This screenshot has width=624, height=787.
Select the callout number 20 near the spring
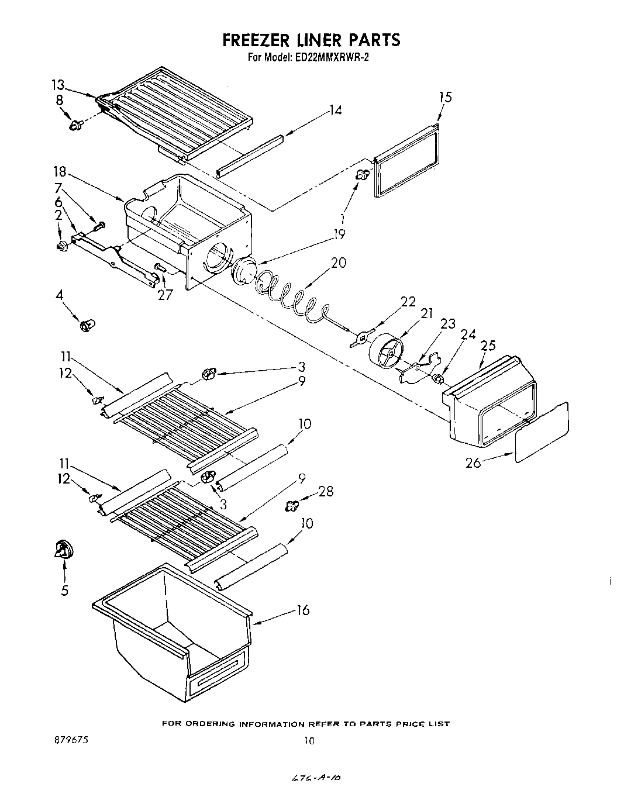[x=338, y=263]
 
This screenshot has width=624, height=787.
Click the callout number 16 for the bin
[x=302, y=610]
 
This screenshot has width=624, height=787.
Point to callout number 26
[x=473, y=462]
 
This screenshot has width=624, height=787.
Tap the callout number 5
[x=64, y=591]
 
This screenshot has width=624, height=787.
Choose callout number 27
[x=166, y=295]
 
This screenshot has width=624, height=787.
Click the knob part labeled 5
[x=63, y=550]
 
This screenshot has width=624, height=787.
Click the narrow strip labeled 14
[x=250, y=155]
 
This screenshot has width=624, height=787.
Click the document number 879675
[x=70, y=740]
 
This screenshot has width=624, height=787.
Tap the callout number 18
[x=60, y=173]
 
